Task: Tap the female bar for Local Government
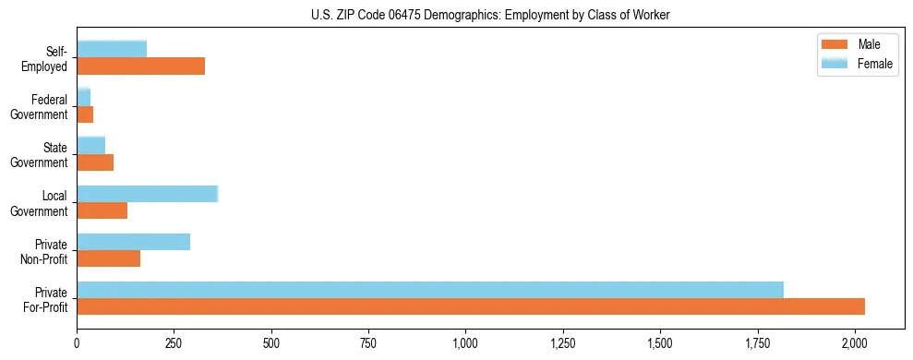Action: click(147, 194)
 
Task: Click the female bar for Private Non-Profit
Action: click(133, 242)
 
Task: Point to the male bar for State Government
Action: click(95, 162)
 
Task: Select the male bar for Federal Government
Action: click(85, 114)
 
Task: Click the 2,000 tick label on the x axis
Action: click(854, 343)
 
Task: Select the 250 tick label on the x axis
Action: click(174, 343)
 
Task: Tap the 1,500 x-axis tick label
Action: click(660, 343)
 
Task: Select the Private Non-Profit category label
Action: click(45, 251)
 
